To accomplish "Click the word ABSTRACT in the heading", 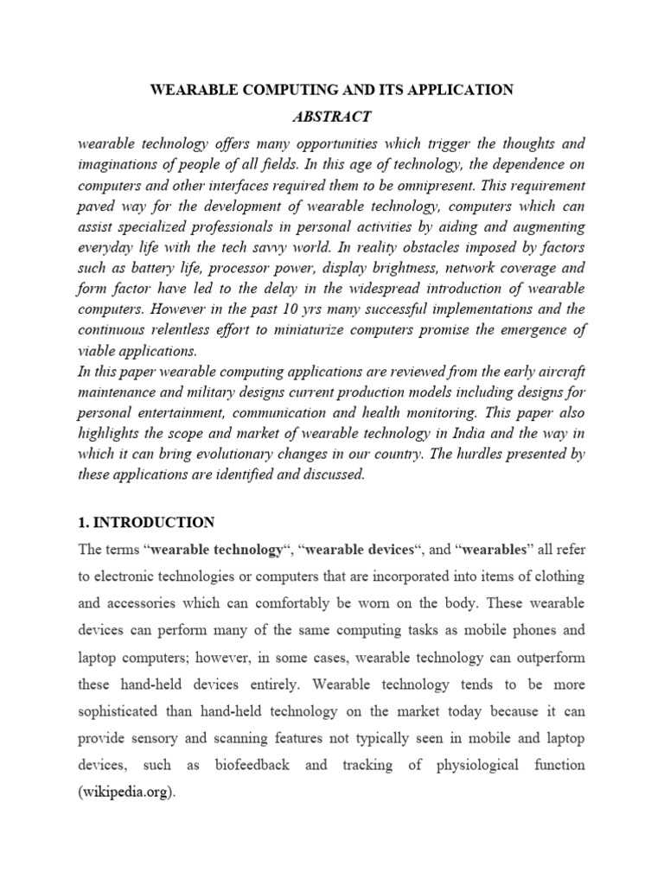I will pos(332,117).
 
